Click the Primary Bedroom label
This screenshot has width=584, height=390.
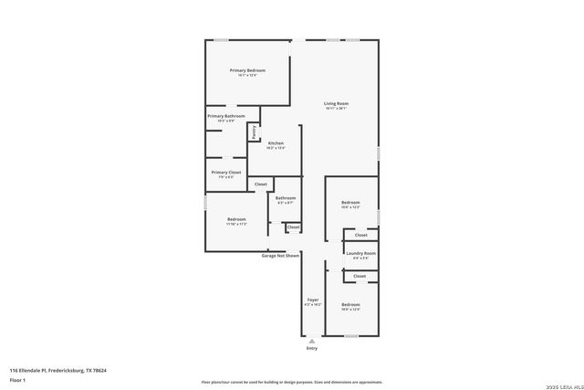coord(248,70)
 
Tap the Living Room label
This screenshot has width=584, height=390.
coord(336,103)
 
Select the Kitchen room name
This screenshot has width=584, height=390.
coord(276,143)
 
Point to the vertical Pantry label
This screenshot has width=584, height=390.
coord(253,132)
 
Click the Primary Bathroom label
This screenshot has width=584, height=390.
coord(225,116)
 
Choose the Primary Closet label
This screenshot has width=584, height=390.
coord(225,172)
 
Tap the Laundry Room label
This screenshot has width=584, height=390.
coord(360,253)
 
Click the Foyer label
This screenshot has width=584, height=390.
coord(312,300)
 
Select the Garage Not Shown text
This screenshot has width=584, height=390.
coord(280,256)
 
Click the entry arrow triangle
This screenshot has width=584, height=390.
coord(312,341)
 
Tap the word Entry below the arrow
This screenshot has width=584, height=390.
coord(312,348)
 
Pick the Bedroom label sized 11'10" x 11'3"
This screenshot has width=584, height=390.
coord(236,219)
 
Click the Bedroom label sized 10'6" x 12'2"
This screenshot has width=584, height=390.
coord(350,202)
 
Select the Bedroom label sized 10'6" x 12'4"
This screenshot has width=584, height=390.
coord(350,304)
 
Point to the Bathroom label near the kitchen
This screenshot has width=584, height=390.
coord(286,197)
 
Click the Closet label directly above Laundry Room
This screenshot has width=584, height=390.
coord(360,235)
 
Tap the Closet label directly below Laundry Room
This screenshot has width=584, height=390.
coord(360,276)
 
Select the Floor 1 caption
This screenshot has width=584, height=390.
coord(18,379)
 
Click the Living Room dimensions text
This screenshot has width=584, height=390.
coord(336,110)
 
